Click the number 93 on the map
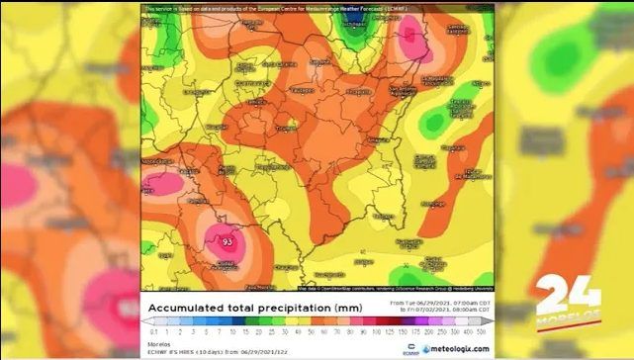pos(227,241)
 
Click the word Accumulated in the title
pos(189,308)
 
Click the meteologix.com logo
pos(456,348)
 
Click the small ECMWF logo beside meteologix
pos(410,348)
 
